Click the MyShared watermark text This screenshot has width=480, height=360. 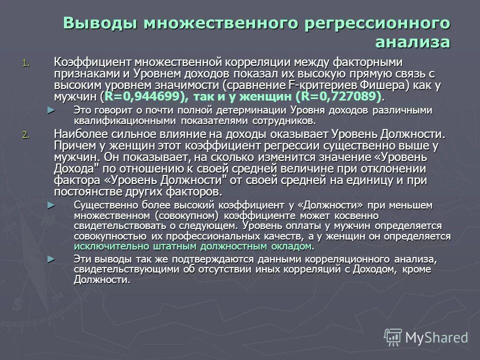(x=436, y=337)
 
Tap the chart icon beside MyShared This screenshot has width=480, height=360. (x=393, y=337)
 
